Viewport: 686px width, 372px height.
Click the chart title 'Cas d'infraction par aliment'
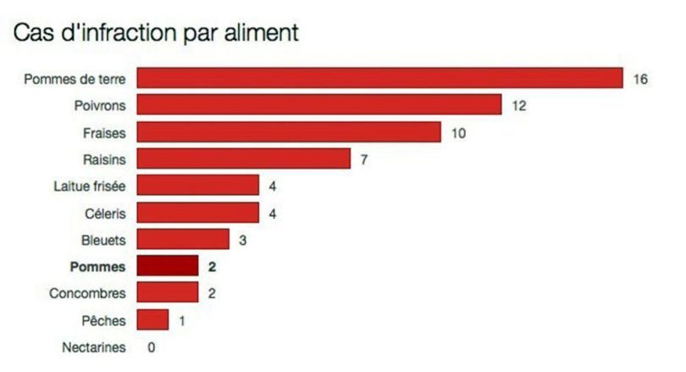[156, 33]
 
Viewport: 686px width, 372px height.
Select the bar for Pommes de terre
[379, 78]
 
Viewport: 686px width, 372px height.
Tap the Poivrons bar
[319, 104]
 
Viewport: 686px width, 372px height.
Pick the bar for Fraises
[289, 131]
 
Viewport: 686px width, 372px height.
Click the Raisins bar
[244, 158]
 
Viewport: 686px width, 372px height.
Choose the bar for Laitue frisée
[197, 185]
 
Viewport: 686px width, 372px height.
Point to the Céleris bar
[197, 212]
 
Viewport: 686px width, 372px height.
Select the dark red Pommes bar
[168, 265]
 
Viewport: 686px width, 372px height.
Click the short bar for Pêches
[152, 319]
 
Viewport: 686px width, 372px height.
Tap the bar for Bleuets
[183, 239]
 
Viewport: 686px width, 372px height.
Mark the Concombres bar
[168, 292]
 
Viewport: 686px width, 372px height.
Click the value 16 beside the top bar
[640, 79]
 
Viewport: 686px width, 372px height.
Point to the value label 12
[519, 106]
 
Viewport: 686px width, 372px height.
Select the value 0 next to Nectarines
[152, 347]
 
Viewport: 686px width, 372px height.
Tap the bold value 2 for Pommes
[213, 267]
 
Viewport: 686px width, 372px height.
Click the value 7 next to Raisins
[364, 160]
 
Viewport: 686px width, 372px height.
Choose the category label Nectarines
[94, 347]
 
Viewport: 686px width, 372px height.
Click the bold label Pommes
[97, 267]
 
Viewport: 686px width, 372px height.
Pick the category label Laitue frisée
[90, 186]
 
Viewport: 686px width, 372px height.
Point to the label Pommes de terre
[75, 79]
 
